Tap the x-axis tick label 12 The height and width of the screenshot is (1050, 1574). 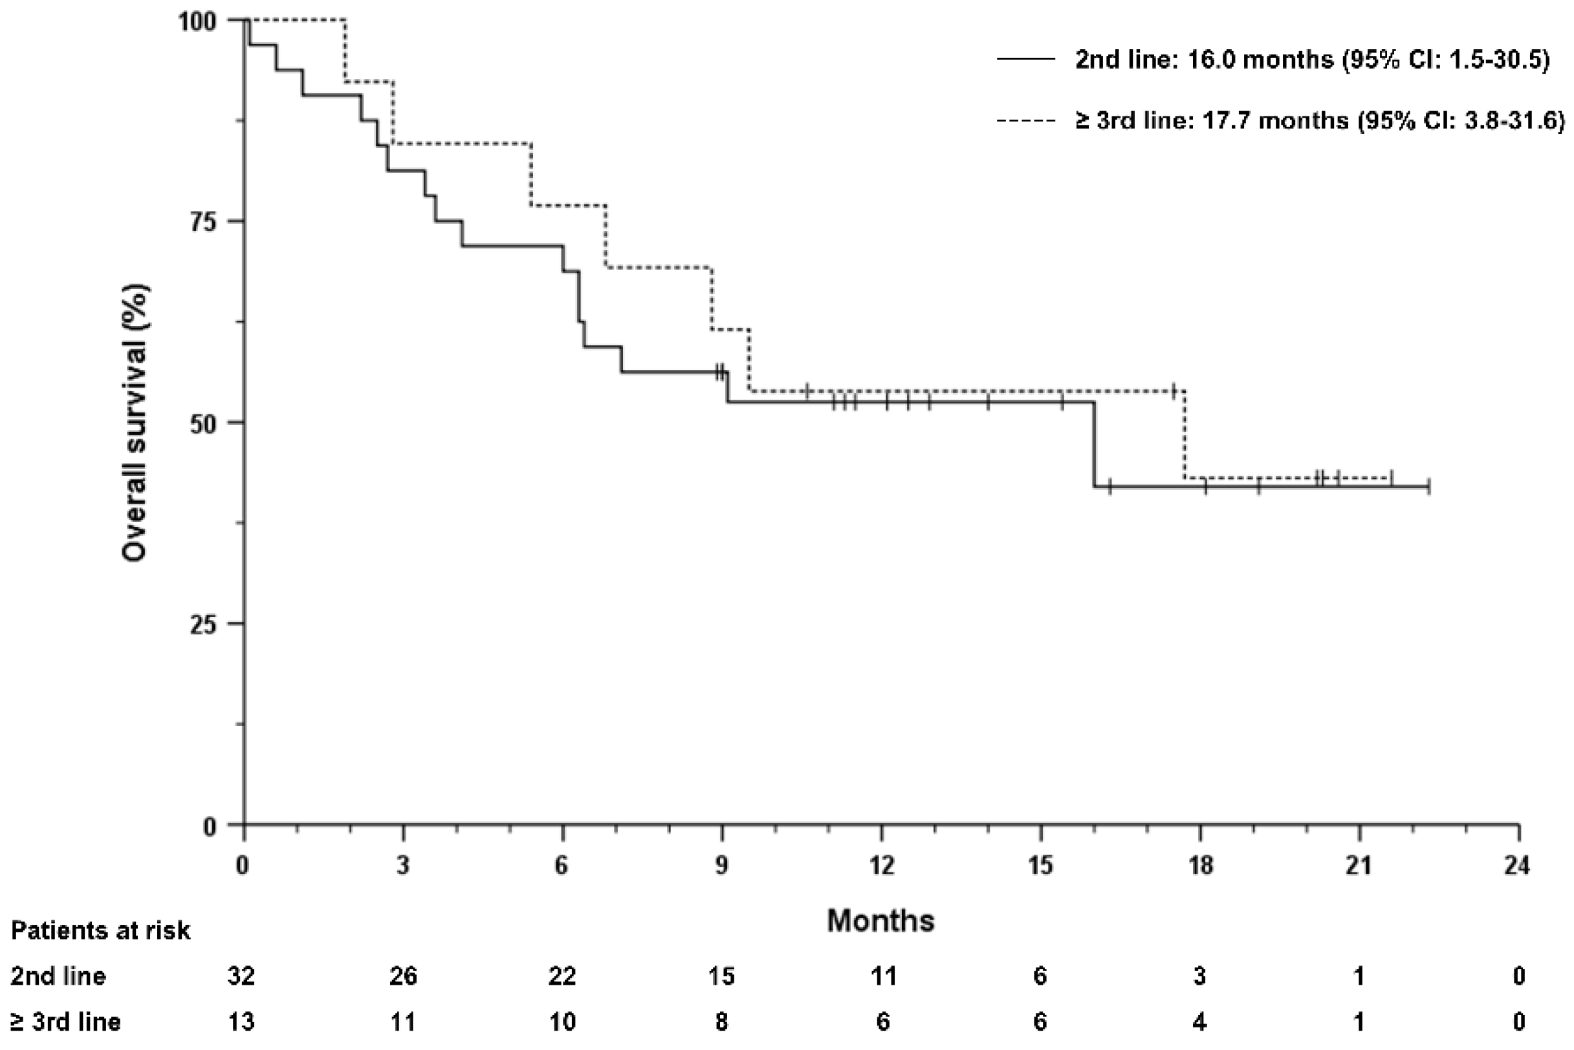(882, 866)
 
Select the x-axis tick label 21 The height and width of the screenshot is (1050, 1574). (1359, 866)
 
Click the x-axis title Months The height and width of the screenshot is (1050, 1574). (880, 921)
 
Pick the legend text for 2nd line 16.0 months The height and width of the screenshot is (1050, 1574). (1312, 60)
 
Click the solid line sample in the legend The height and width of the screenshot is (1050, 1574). (1026, 59)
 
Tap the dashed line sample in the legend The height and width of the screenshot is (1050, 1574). (1026, 120)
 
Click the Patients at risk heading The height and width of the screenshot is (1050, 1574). (100, 931)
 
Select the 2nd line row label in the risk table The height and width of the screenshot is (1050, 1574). (58, 976)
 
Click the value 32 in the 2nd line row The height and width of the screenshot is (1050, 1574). (241, 976)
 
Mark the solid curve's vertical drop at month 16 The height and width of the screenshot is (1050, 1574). (1094, 445)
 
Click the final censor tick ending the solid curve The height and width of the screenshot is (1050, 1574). (1428, 487)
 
